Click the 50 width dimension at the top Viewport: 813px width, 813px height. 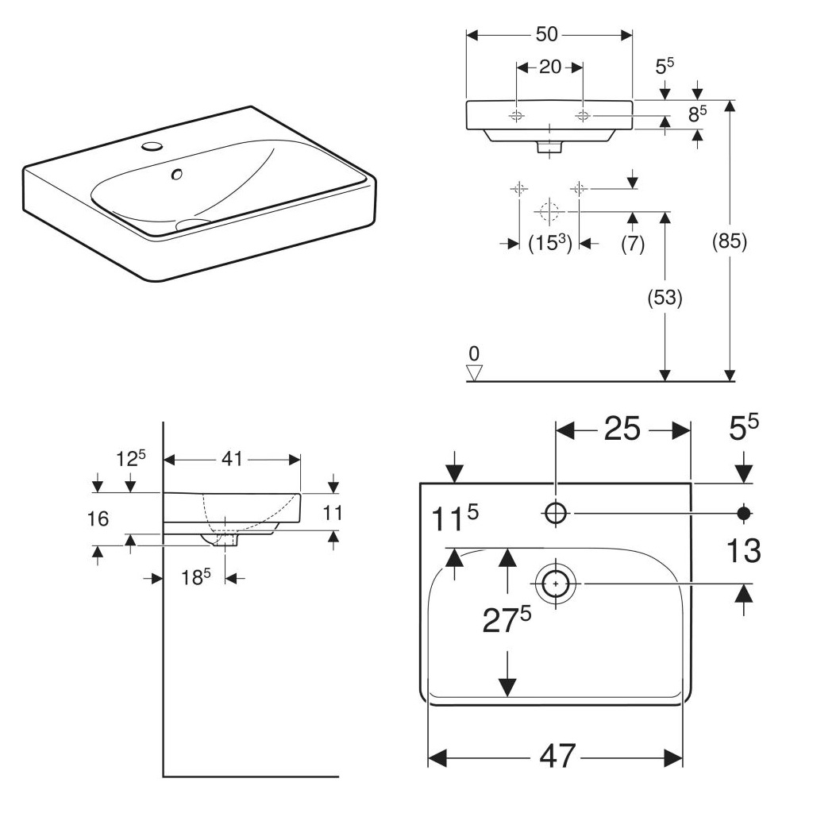(x=547, y=35)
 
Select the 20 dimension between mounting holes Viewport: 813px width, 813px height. (x=549, y=67)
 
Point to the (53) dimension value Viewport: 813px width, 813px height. (x=665, y=299)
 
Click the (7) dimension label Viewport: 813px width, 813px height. (x=632, y=244)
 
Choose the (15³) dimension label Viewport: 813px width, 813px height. (x=550, y=244)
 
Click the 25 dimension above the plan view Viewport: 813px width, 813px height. (x=622, y=429)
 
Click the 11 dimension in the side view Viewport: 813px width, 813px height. (x=333, y=514)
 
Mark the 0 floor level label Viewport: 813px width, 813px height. (x=475, y=353)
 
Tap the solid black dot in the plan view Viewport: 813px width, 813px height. (x=744, y=513)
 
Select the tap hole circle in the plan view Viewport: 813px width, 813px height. (x=556, y=514)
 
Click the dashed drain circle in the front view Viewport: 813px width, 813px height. (x=547, y=212)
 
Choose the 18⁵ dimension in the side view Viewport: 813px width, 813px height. (x=194, y=578)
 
